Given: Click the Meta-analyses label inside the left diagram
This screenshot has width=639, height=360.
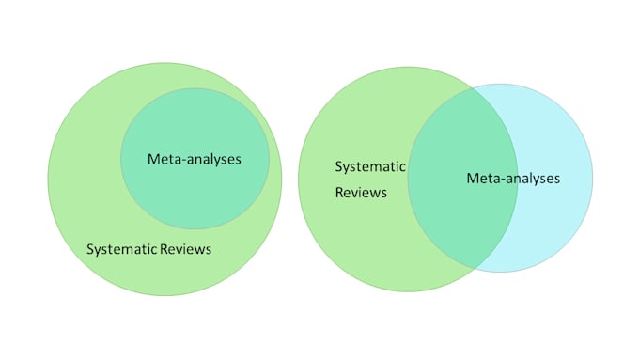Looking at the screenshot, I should point(195,159).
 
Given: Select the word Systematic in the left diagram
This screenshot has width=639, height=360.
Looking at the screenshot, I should point(120,250).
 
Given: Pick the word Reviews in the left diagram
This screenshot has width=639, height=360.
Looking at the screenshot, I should point(184,250).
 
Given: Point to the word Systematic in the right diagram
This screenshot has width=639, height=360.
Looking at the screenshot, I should point(370,167).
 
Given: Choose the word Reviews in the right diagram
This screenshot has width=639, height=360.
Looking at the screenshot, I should point(361,193).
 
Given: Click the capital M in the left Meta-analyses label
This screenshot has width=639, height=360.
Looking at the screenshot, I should point(153,159).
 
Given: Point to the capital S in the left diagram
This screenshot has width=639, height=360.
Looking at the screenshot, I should point(90,250).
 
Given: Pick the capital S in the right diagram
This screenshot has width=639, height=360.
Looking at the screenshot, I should point(339,167).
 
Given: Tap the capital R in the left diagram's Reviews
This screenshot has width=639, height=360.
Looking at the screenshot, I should point(162,250).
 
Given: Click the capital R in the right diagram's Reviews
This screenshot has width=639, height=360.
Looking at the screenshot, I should point(339,193).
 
